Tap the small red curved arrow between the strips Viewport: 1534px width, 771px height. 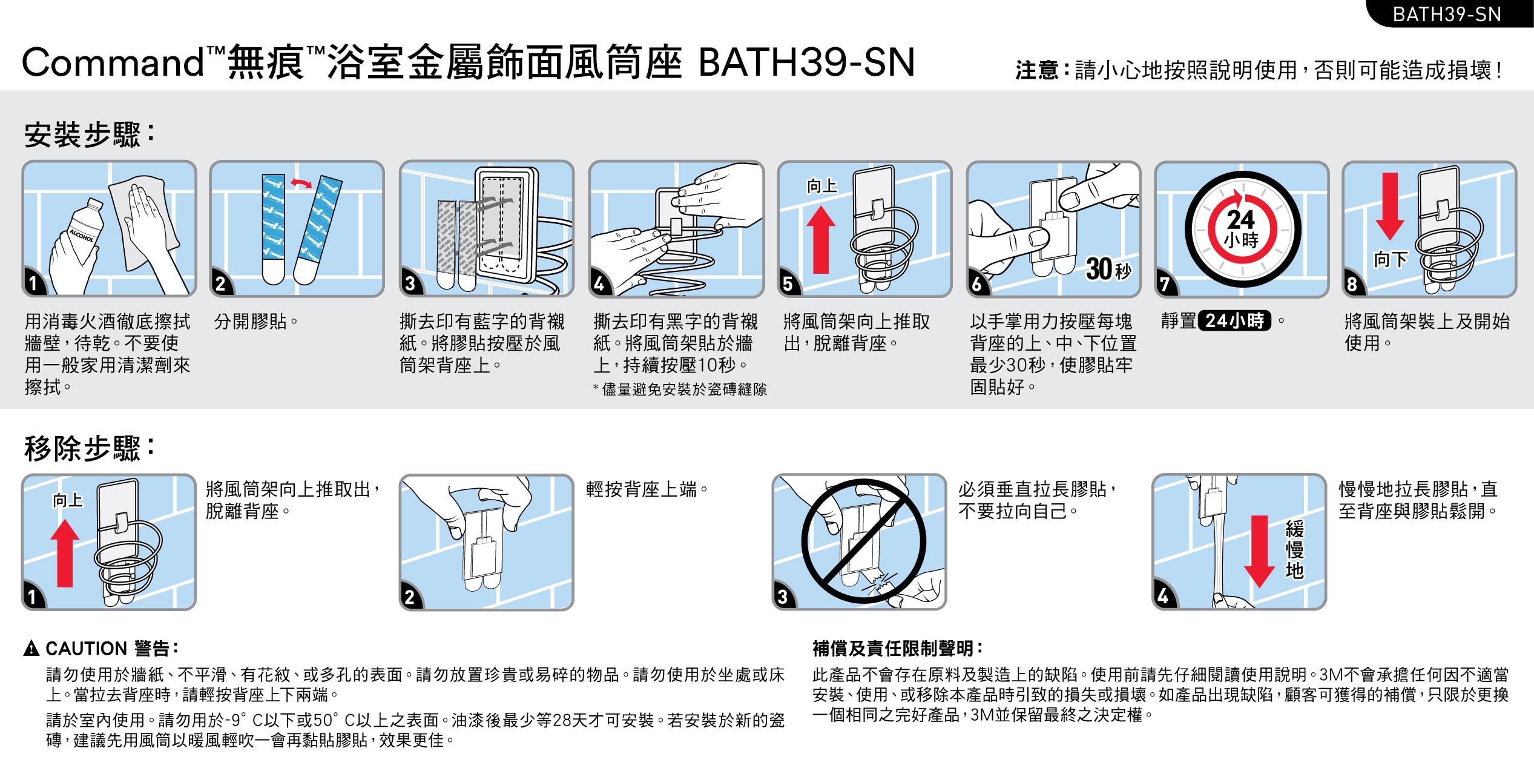click(301, 182)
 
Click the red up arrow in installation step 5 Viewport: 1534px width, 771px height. click(821, 240)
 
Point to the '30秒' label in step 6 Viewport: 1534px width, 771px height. click(1108, 269)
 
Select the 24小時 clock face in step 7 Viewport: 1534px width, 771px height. click(1242, 230)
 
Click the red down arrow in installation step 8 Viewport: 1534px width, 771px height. click(1390, 206)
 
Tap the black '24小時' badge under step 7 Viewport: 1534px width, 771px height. click(1235, 320)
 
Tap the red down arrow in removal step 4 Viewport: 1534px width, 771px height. click(1260, 552)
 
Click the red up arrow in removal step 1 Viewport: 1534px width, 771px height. click(65, 554)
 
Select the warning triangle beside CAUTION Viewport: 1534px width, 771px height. click(31, 649)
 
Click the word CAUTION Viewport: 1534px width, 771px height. click(86, 649)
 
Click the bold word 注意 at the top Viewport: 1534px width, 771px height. click(1036, 70)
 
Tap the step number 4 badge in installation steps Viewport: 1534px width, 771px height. click(599, 283)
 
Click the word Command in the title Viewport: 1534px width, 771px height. click(113, 62)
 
